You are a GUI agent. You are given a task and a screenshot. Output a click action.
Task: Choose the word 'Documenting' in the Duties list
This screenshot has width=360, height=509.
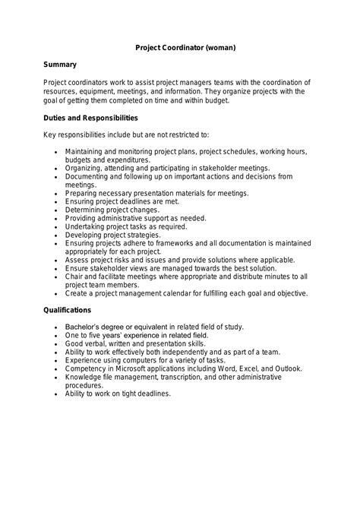coord(90,176)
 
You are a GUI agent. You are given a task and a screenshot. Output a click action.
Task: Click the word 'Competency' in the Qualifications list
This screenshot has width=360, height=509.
coord(87,368)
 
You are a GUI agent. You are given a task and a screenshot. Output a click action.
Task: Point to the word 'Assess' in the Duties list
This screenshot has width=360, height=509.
coord(77,260)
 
